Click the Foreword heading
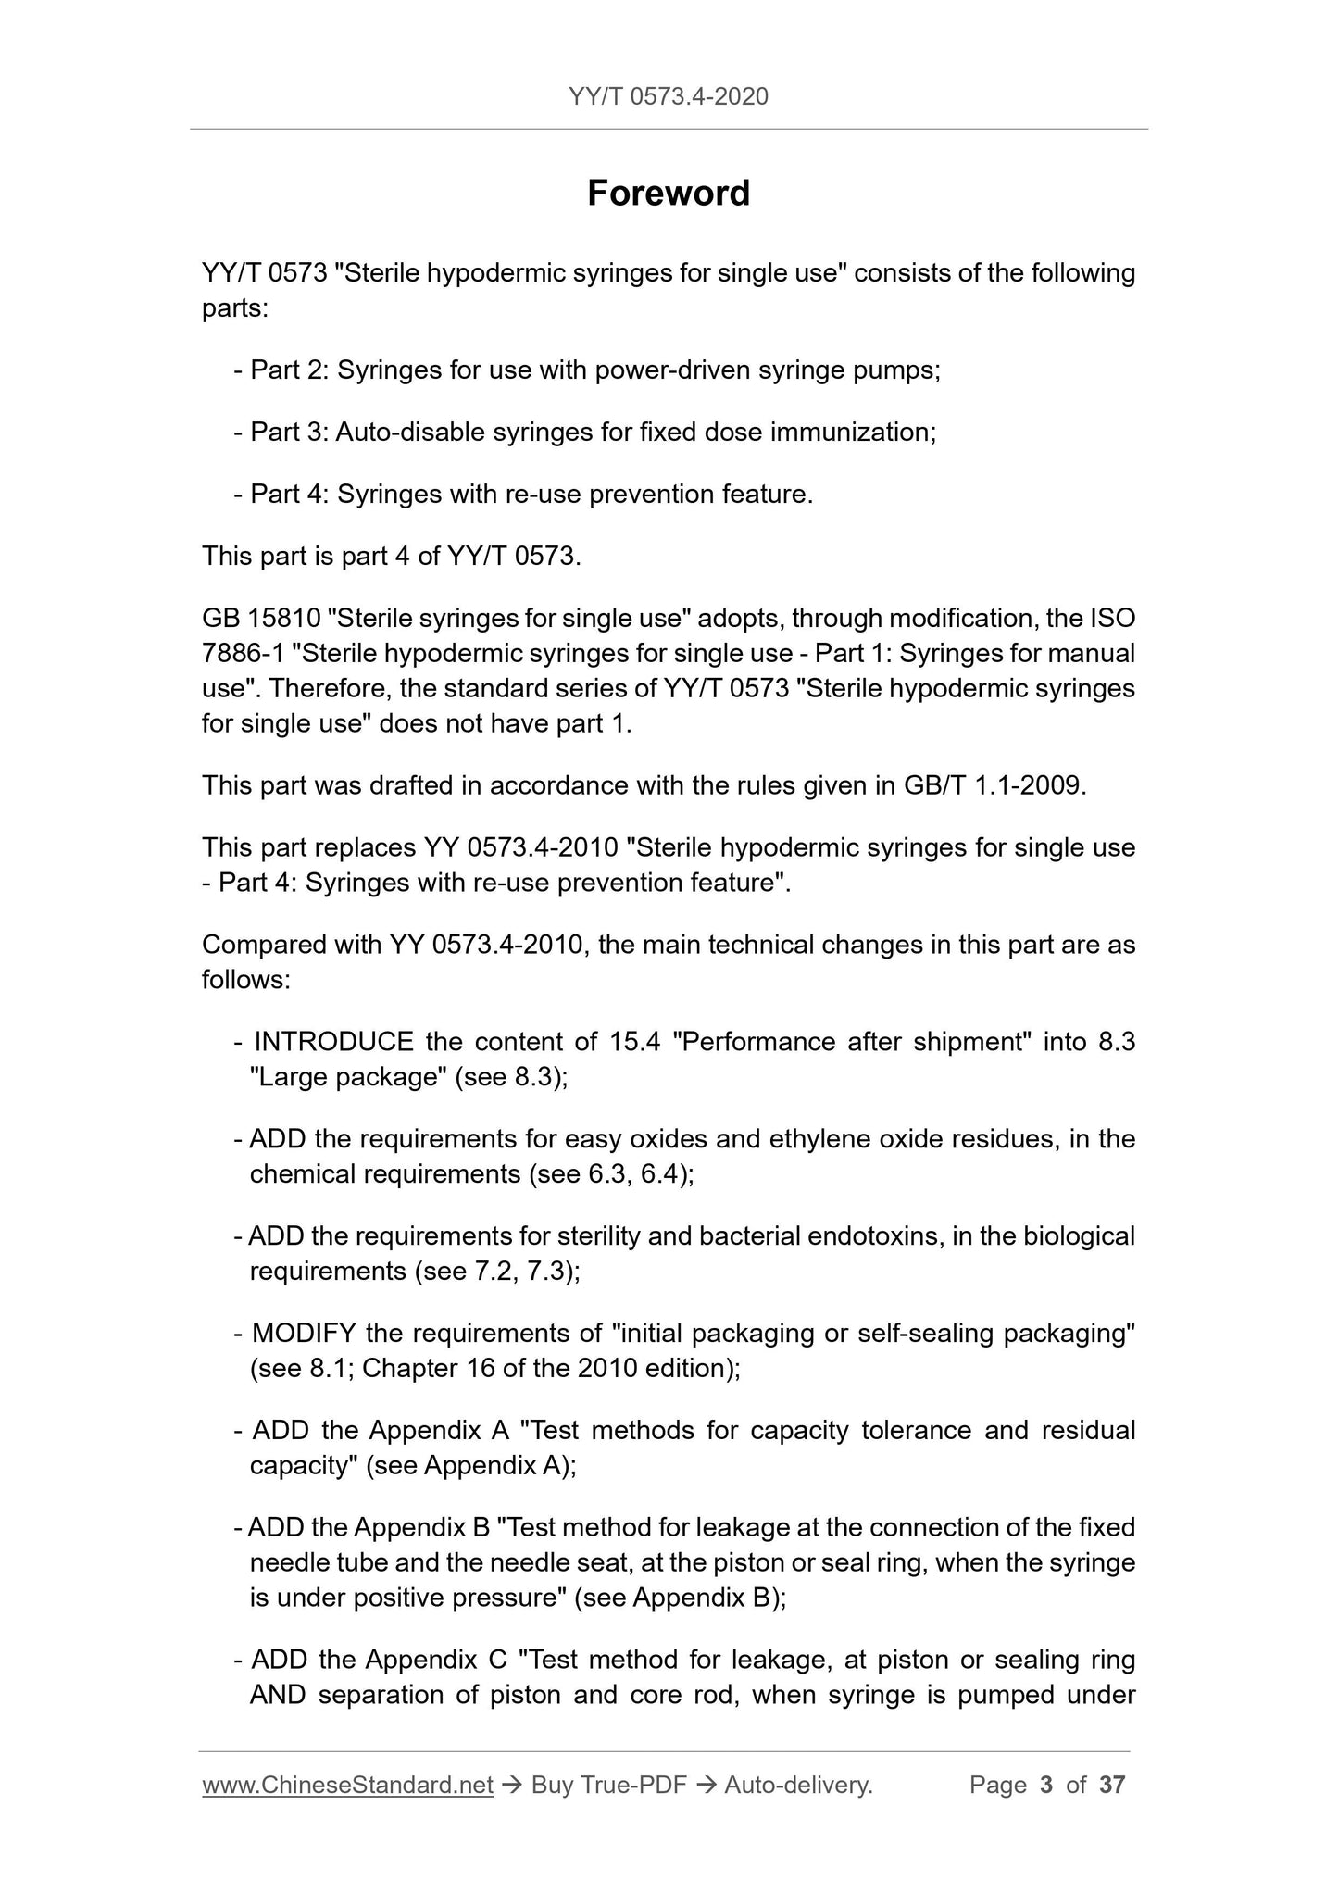pos(669,194)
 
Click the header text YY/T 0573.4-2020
pos(669,96)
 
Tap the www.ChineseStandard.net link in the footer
pos(347,1785)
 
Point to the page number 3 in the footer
pos(1046,1785)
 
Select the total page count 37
pos(1112,1785)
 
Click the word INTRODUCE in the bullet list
pos(333,1042)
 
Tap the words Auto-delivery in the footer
pos(798,1785)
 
